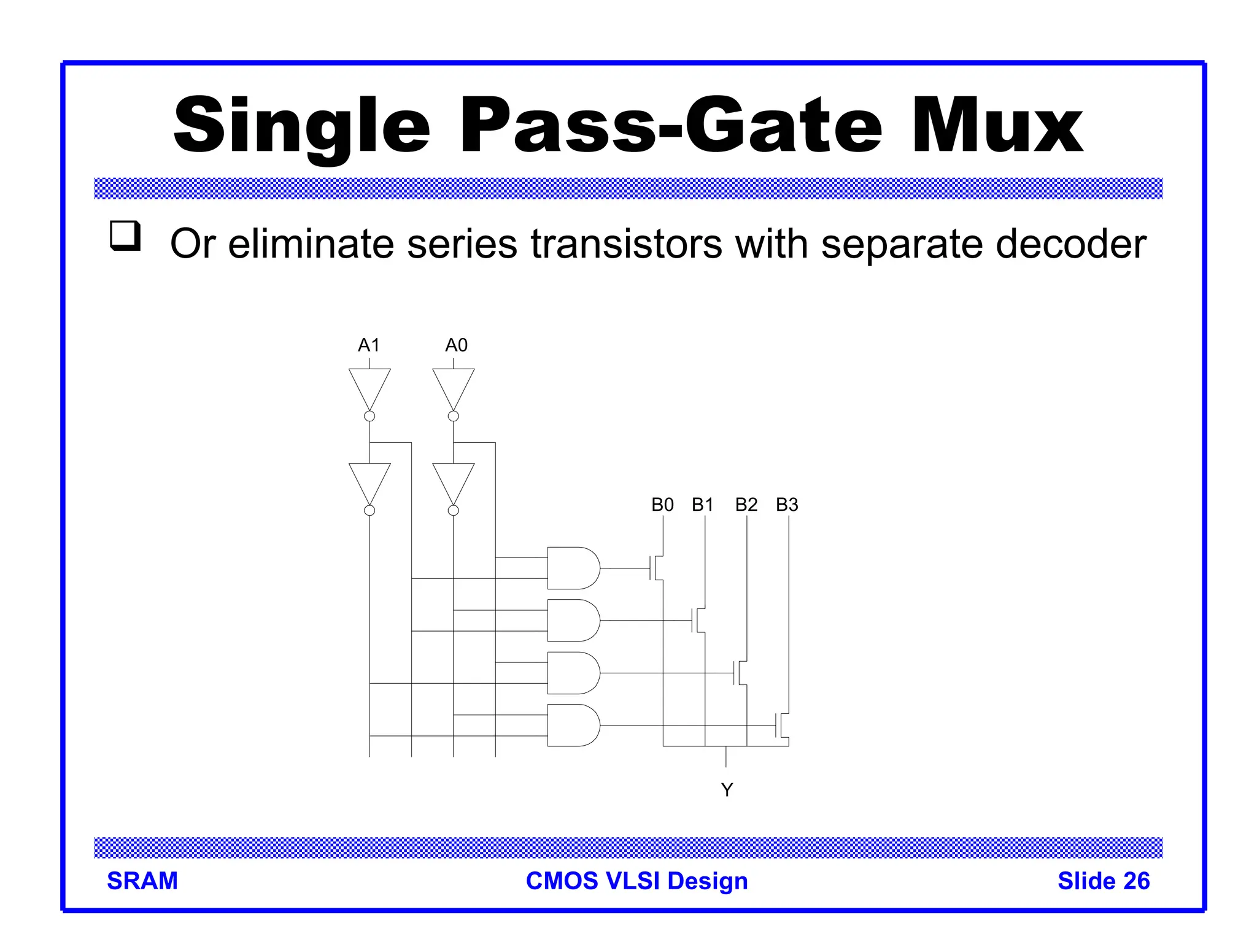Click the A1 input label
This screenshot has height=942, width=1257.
[x=369, y=345]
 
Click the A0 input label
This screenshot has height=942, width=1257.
[x=456, y=345]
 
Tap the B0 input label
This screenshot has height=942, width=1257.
[x=662, y=505]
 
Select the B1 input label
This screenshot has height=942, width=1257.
[x=703, y=505]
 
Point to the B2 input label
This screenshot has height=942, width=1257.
[x=746, y=505]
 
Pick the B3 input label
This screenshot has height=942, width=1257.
[x=787, y=505]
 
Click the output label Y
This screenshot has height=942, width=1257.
[x=727, y=790]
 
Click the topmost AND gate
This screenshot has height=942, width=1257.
[x=573, y=568]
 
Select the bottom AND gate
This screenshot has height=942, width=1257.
[x=573, y=726]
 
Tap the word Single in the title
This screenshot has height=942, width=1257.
[x=301, y=126]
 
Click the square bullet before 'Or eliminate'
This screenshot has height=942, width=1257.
[x=125, y=235]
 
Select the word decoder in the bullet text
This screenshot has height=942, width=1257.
[x=1071, y=244]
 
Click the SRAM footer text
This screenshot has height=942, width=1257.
[x=142, y=881]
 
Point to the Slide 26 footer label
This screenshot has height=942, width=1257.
[x=1104, y=881]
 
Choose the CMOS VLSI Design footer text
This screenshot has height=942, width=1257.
[x=637, y=881]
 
